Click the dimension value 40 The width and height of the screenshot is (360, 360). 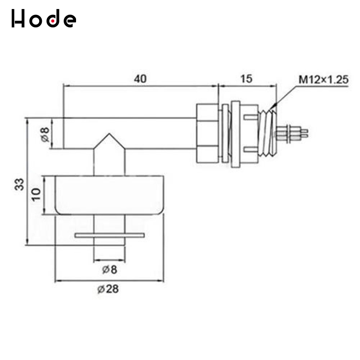coord(140,78)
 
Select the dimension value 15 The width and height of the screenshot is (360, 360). coord(246,78)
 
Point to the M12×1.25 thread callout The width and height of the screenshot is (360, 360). coord(324,80)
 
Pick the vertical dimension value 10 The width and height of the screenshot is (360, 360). coord(36,194)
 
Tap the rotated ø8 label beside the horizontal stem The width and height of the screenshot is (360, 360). coord(44,134)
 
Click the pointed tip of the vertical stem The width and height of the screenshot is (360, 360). coord(108,135)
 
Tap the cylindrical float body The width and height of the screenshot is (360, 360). coord(108,194)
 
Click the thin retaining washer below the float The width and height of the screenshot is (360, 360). coord(110,235)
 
